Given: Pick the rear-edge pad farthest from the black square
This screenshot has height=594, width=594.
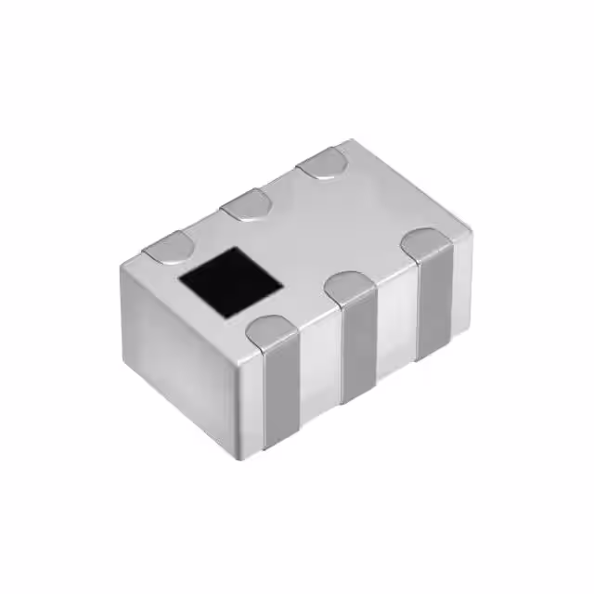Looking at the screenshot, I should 321,164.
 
